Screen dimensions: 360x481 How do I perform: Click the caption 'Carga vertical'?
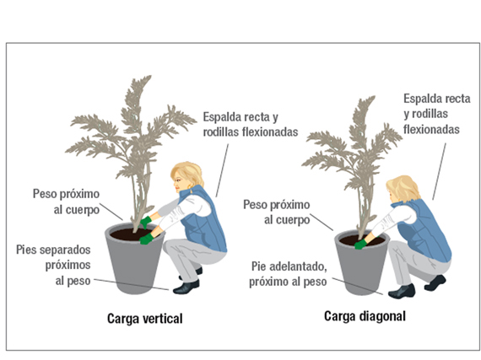(x=144, y=319)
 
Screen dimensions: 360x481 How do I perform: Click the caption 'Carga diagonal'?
(x=365, y=317)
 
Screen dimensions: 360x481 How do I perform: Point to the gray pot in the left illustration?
(x=138, y=261)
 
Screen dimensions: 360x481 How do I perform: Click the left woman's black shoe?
(x=186, y=287)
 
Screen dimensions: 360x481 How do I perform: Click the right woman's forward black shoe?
(x=401, y=291)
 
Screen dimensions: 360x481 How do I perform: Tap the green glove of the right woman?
(x=361, y=244)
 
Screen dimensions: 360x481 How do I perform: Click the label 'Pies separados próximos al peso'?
(x=53, y=264)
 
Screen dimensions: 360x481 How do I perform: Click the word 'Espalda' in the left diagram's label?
(x=221, y=116)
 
